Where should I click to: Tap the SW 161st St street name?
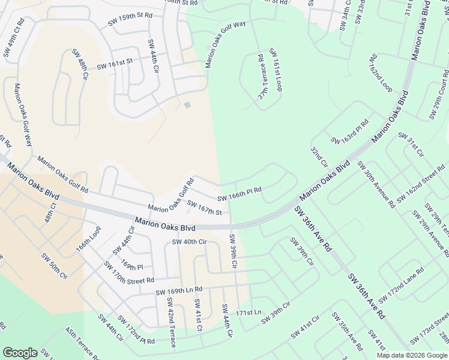pyautogui.click(x=114, y=63)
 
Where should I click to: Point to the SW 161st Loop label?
pyautogui.click(x=276, y=70)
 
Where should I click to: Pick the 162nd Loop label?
pyautogui.click(x=381, y=72)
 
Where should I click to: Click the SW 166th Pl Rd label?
pyautogui.click(x=240, y=194)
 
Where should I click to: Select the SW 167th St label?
pyautogui.click(x=204, y=208)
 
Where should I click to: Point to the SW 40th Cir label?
pyautogui.click(x=189, y=242)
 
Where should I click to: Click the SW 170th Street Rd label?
pyautogui.click(x=129, y=272)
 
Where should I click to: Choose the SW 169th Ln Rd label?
pyautogui.click(x=179, y=290)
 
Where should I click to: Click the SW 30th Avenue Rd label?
pyautogui.click(x=376, y=184)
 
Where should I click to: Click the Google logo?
pyautogui.click(x=20, y=353)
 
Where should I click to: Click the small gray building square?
pyautogui.click(x=187, y=106)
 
